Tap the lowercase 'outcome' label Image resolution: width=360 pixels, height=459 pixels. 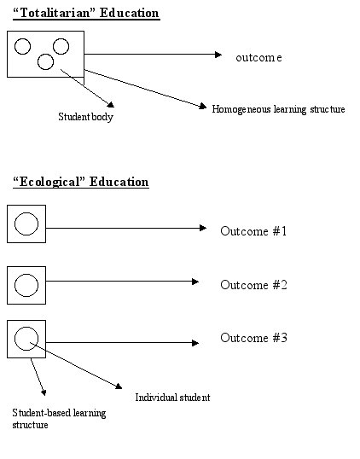pos(258,57)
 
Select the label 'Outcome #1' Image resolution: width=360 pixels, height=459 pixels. pos(253,231)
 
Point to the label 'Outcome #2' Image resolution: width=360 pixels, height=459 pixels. pos(253,285)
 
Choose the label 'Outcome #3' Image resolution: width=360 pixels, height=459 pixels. pos(253,338)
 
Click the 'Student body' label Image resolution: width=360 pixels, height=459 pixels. pos(85,117)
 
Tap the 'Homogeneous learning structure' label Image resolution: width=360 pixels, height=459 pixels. pos(278,109)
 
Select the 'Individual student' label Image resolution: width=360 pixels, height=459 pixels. pos(172,398)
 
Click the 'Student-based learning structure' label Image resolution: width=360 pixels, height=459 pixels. pos(59,419)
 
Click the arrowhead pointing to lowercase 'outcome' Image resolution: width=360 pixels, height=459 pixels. pos(218,55)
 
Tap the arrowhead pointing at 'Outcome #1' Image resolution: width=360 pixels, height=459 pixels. pos(203,228)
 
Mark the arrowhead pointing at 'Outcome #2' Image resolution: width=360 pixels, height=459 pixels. pos(195,282)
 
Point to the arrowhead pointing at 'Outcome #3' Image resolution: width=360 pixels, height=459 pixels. pos(195,343)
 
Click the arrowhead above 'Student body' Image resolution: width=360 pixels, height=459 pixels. pos(111,104)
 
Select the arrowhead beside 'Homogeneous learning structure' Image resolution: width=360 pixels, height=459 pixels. pos(203,106)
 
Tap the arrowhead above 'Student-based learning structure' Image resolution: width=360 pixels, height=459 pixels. pos(44,392)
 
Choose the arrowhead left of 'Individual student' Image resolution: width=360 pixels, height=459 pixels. pos(119,386)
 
